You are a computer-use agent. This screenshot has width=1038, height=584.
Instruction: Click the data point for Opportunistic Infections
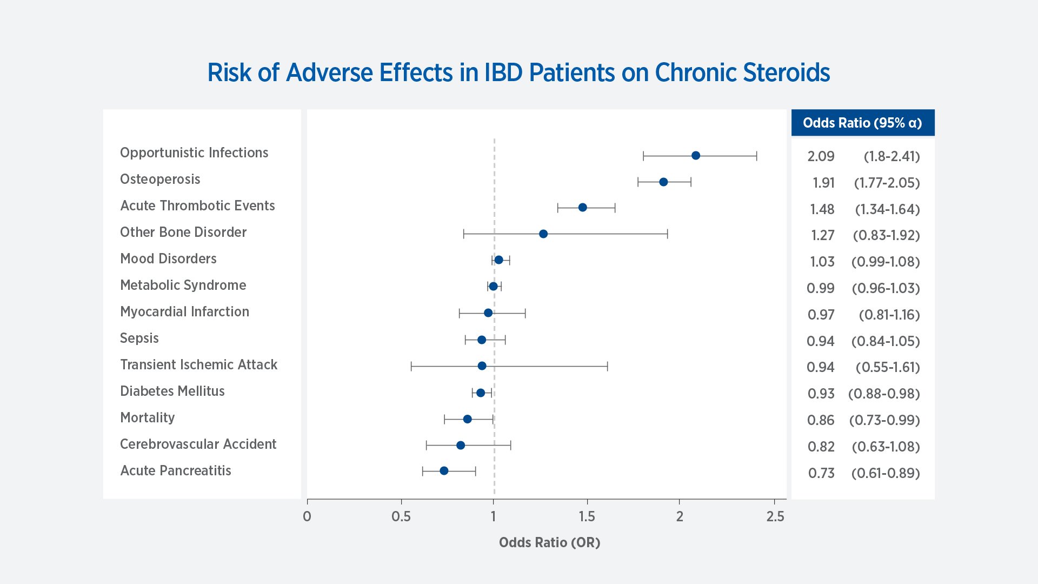pyautogui.click(x=696, y=156)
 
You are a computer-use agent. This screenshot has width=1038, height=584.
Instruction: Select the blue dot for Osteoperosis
pyautogui.click(x=663, y=182)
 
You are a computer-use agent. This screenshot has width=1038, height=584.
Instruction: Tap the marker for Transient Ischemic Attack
pyautogui.click(x=482, y=366)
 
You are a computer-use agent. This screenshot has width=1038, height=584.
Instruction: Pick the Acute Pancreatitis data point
pyautogui.click(x=444, y=471)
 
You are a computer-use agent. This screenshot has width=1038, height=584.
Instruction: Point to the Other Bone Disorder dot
pyautogui.click(x=543, y=234)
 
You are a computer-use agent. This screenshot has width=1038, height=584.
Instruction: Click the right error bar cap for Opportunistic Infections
pyautogui.click(x=756, y=156)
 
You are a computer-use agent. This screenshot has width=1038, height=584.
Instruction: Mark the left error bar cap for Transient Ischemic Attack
pyautogui.click(x=411, y=367)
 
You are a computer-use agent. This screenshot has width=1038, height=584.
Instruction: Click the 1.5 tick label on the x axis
pyautogui.click(x=587, y=516)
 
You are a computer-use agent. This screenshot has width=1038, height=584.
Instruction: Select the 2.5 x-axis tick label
pyautogui.click(x=775, y=516)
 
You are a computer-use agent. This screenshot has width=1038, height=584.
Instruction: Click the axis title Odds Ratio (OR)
pyautogui.click(x=549, y=542)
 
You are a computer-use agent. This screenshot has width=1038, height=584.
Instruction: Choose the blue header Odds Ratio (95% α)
pyautogui.click(x=862, y=123)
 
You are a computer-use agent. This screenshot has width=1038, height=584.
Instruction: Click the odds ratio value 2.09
pyautogui.click(x=821, y=156)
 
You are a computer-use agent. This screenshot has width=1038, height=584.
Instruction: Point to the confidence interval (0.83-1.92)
pyautogui.click(x=886, y=235)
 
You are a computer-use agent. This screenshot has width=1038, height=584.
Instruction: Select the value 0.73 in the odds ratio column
pyautogui.click(x=821, y=473)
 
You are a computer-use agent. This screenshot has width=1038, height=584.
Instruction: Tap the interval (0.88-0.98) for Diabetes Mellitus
pyautogui.click(x=884, y=394)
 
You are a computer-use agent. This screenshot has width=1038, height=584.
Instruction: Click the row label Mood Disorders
pyautogui.click(x=168, y=258)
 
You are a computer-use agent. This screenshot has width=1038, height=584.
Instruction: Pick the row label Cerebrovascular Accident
pyautogui.click(x=198, y=444)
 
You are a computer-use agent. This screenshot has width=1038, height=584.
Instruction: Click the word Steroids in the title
pyautogui.click(x=787, y=72)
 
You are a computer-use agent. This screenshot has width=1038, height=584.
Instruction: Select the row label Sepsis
pyautogui.click(x=139, y=338)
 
